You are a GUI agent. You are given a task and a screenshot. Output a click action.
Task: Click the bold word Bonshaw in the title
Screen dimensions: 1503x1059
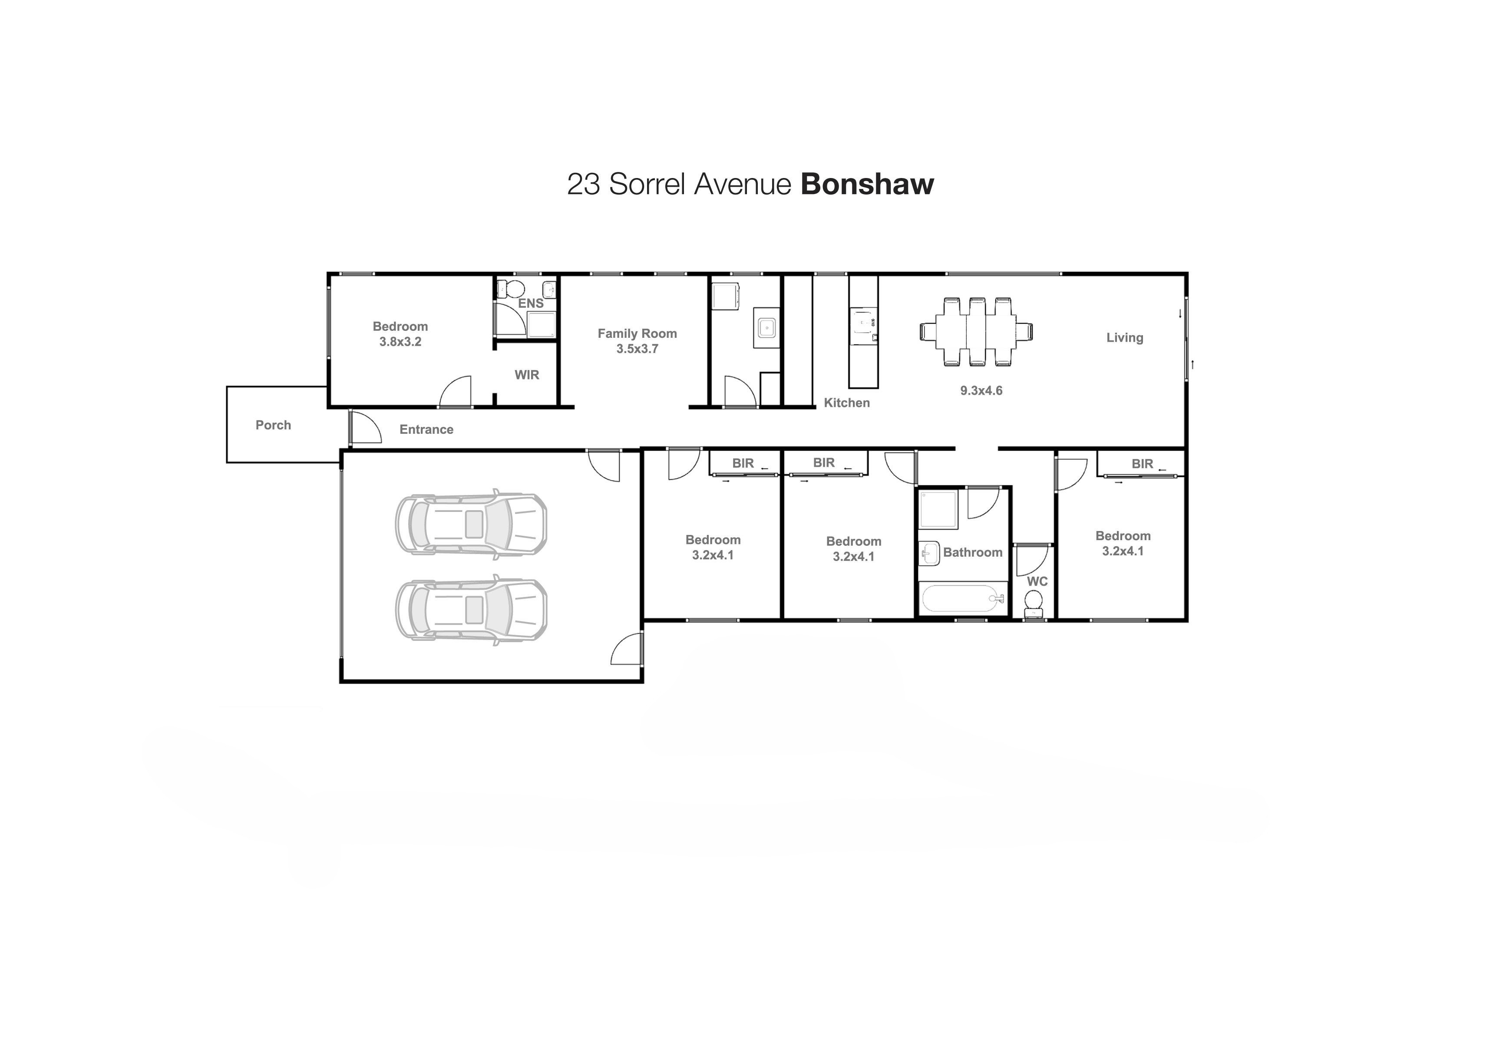pos(867,184)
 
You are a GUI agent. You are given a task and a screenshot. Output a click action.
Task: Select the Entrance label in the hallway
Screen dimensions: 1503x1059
pos(426,429)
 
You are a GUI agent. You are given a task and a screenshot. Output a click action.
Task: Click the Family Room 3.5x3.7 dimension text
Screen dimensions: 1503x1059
pos(637,349)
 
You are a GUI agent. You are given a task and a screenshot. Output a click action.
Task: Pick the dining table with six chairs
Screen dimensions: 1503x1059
pos(976,332)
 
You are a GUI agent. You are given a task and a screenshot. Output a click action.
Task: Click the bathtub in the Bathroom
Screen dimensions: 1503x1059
pos(963,599)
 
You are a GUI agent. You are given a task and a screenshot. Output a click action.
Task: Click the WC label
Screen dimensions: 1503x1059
pos(1037,581)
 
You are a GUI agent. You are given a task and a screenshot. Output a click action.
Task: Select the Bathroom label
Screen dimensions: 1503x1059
pos(973,552)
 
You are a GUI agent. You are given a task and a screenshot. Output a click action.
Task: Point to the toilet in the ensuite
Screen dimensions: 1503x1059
pos(511,288)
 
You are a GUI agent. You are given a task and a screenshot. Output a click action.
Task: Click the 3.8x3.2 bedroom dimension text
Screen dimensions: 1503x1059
pos(400,342)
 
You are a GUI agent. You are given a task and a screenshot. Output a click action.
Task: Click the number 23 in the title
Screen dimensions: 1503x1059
pos(583,184)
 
